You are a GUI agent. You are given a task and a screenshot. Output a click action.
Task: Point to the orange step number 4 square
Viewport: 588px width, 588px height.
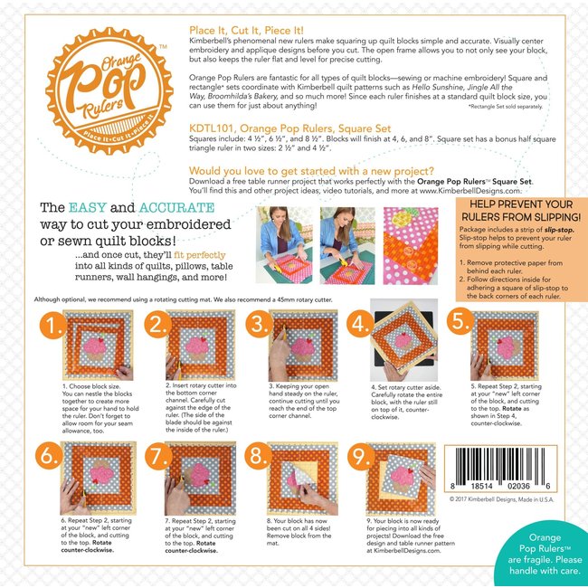click(360, 325)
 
